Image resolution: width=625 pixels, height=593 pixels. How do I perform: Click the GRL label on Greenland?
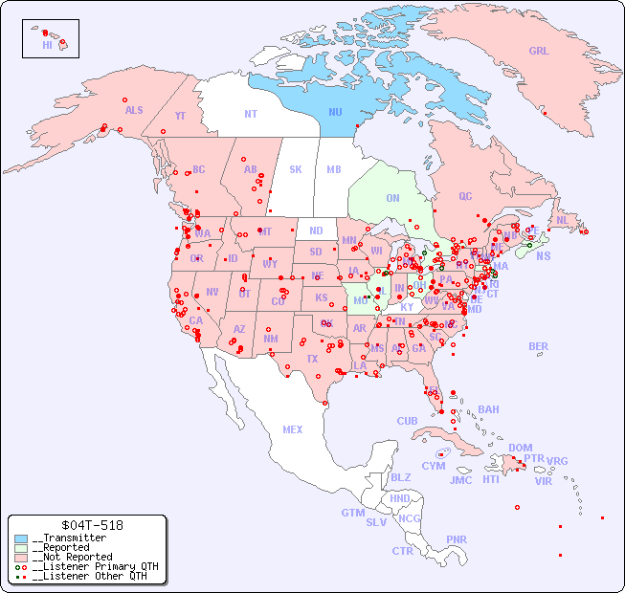(x=539, y=52)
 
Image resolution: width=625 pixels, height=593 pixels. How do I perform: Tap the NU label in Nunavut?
(x=335, y=112)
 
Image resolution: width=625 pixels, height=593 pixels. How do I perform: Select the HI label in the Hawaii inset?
(x=47, y=45)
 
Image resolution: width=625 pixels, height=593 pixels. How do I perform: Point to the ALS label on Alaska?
(x=134, y=110)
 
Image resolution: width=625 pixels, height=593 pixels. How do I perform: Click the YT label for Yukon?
(x=180, y=116)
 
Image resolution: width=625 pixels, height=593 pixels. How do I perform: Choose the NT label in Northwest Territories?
(x=250, y=114)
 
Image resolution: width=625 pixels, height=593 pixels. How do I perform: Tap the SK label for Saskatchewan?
(x=296, y=169)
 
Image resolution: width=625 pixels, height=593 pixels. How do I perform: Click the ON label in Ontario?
(x=392, y=198)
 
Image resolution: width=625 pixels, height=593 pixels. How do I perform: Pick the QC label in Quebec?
(x=465, y=196)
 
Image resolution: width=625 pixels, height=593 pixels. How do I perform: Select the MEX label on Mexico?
(x=293, y=429)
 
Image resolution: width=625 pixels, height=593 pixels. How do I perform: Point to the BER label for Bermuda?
(x=539, y=346)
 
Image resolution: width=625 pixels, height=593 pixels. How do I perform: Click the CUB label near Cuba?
(x=407, y=421)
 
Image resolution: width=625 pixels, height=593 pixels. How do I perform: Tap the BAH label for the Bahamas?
(x=488, y=409)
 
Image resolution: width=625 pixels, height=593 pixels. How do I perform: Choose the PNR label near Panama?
(x=457, y=539)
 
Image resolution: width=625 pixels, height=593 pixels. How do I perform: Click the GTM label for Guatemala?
(x=352, y=513)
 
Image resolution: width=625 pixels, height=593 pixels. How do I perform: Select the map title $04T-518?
(x=87, y=525)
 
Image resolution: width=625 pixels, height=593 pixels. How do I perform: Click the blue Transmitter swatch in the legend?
(x=21, y=538)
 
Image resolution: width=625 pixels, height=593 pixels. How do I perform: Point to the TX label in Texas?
(x=312, y=359)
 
